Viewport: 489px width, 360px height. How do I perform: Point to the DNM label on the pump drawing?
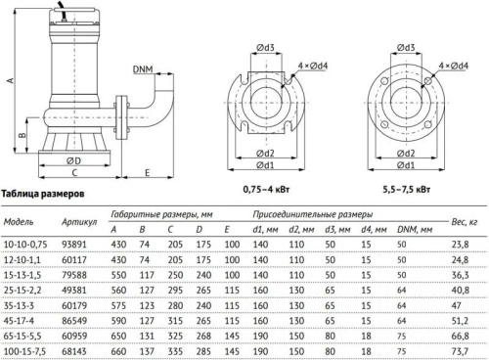(x=140, y=69)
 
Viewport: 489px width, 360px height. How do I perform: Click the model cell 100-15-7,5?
(x=29, y=350)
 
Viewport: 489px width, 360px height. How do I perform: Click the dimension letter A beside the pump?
(x=10, y=82)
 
